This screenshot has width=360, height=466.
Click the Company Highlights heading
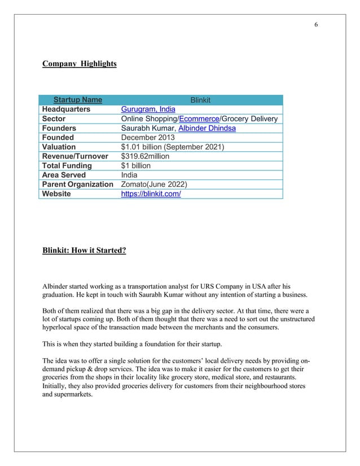80,64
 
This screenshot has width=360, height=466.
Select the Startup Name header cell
78,100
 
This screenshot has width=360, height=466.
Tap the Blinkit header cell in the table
200,100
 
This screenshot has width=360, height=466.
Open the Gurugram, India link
148,109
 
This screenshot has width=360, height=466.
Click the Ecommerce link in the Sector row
199,119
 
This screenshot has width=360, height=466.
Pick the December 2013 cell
148,138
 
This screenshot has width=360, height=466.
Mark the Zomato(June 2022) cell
155,184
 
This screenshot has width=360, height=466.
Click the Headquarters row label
66,109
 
